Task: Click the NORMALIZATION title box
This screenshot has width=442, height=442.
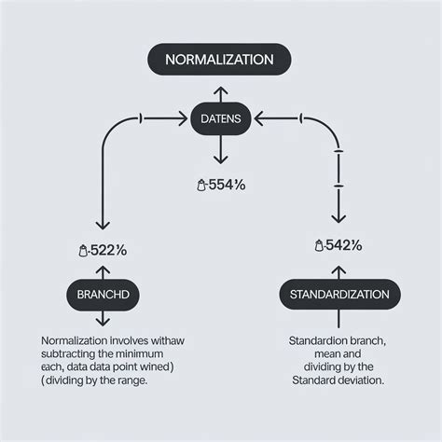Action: pyautogui.click(x=220, y=60)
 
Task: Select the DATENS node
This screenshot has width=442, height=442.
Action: pyautogui.click(x=221, y=117)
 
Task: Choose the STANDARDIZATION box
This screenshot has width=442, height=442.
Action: pyautogui.click(x=339, y=294)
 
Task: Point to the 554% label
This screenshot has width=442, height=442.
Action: pyautogui.click(x=224, y=185)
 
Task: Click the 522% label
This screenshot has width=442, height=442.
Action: pyautogui.click(x=104, y=250)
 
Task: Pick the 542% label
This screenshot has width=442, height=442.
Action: pyautogui.click(x=339, y=245)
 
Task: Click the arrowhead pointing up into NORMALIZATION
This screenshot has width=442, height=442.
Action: pyautogui.click(x=221, y=90)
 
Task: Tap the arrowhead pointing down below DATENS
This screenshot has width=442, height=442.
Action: pyautogui.click(x=221, y=159)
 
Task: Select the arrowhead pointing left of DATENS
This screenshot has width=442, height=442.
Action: pyautogui.click(x=258, y=117)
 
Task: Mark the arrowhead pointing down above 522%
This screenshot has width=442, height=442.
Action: pyautogui.click(x=102, y=226)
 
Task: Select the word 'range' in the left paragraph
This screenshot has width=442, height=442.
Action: pyautogui.click(x=153, y=380)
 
